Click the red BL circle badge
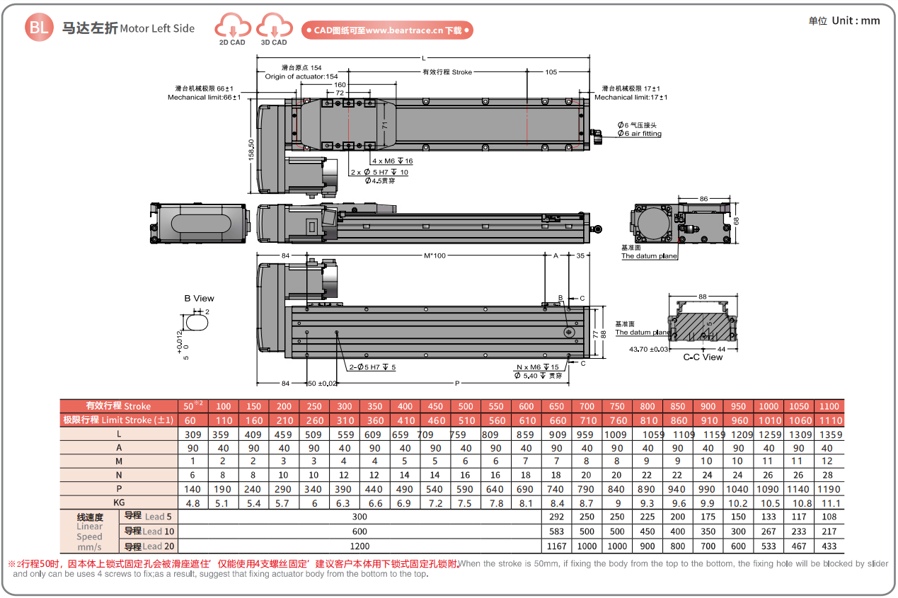(x=38, y=28)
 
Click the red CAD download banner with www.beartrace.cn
(x=387, y=30)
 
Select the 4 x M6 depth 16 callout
(x=392, y=161)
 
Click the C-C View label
(x=703, y=357)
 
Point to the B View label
(x=199, y=299)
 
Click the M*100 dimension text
(x=434, y=255)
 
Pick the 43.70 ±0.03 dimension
(x=649, y=349)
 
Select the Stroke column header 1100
(x=829, y=406)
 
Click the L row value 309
(x=193, y=435)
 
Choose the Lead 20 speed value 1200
(x=359, y=546)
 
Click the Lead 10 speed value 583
(x=556, y=531)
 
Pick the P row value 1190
(x=829, y=489)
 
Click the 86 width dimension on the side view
(x=703, y=200)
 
